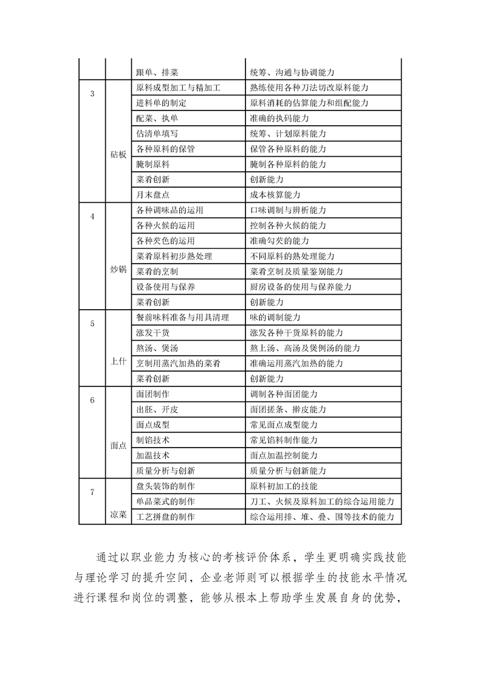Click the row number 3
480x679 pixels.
tap(92, 94)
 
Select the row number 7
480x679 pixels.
tap(92, 492)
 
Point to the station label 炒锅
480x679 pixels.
tap(118, 269)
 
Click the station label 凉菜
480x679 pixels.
tap(118, 514)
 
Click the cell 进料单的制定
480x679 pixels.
tap(162, 103)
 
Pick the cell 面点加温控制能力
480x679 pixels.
tap(284, 455)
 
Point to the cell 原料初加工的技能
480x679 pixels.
tap(284, 486)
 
